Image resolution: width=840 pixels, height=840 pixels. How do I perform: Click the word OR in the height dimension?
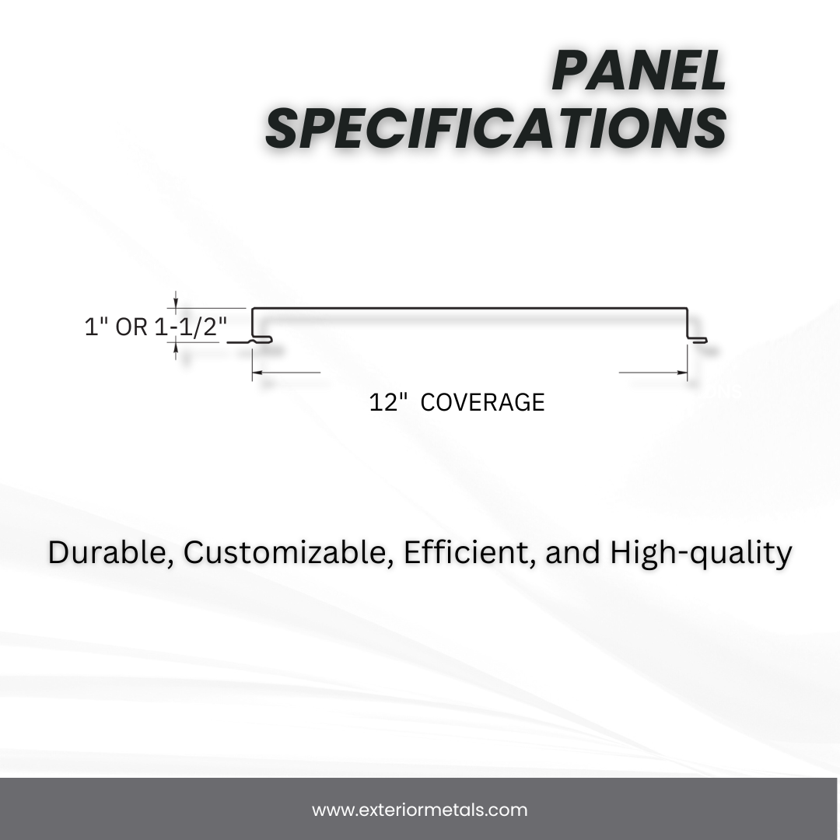pos(131,327)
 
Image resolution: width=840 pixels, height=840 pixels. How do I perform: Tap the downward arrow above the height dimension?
pos(177,304)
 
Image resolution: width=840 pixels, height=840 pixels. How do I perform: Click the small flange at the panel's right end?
pos(698,339)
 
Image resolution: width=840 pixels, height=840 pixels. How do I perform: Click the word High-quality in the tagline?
pos(701,553)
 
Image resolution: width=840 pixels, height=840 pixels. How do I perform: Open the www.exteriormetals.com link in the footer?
pos(420,810)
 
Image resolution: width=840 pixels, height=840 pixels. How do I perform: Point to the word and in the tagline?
pos(574,553)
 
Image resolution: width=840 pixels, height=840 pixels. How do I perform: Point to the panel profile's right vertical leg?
pos(688,323)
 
